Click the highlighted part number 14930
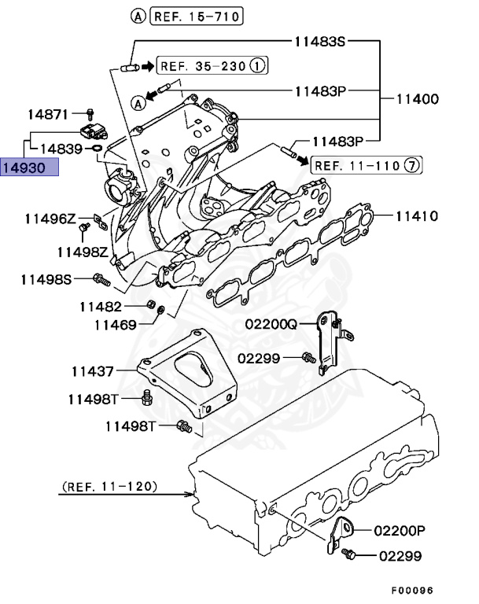pyautogui.click(x=29, y=168)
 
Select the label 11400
pyautogui.click(x=416, y=100)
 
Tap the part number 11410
pyautogui.click(x=416, y=215)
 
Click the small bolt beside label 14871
pyautogui.click(x=90, y=113)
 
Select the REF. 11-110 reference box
pyautogui.click(x=358, y=165)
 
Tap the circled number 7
pyautogui.click(x=415, y=165)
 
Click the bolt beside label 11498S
pyautogui.click(x=100, y=278)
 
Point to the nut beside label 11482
pyautogui.click(x=149, y=305)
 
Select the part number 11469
pyautogui.click(x=115, y=323)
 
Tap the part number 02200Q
pyautogui.click(x=270, y=323)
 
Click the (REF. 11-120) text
pyautogui.click(x=109, y=487)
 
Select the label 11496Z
pyautogui.click(x=49, y=218)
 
